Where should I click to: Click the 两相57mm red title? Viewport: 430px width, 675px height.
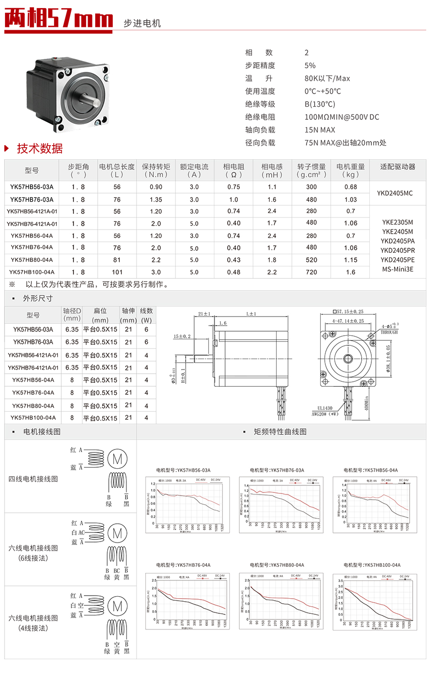click(x=59, y=19)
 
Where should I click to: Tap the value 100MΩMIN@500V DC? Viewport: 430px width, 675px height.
click(x=341, y=117)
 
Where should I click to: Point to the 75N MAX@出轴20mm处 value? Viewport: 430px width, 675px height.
click(x=346, y=143)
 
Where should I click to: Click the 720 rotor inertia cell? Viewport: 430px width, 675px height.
click(x=312, y=272)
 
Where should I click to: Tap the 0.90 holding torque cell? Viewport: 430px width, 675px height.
click(x=156, y=187)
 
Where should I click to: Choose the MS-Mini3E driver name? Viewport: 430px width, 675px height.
click(x=398, y=269)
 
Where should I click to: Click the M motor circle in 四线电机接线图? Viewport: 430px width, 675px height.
click(x=117, y=459)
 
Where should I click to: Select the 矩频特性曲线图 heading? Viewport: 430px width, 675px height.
click(x=280, y=432)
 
